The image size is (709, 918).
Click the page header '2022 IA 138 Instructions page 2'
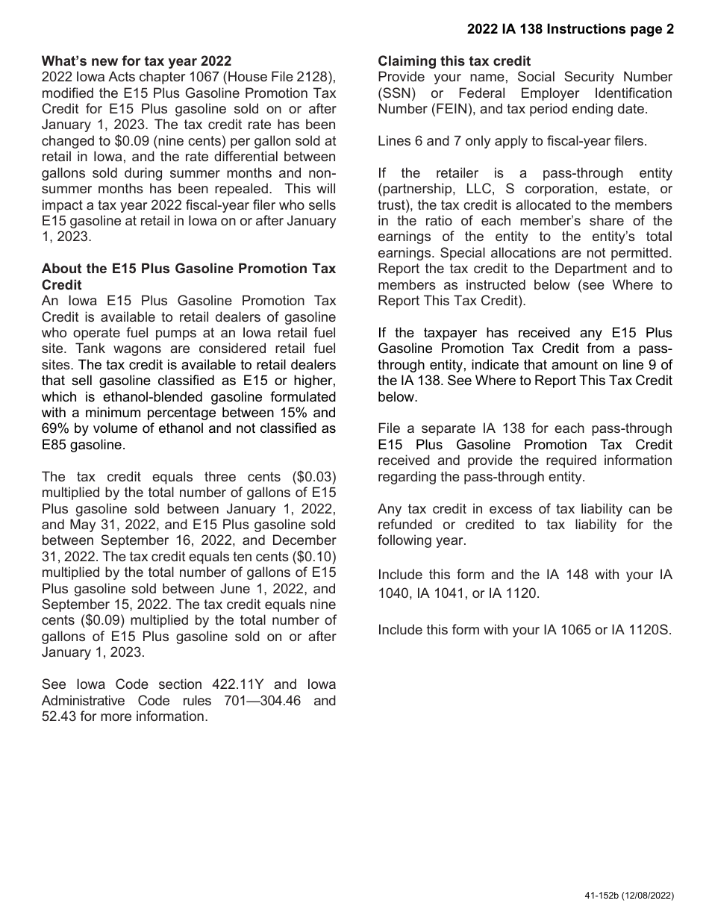(570, 29)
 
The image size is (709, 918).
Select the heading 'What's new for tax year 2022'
(137, 61)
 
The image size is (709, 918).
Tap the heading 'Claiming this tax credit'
(455, 61)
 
